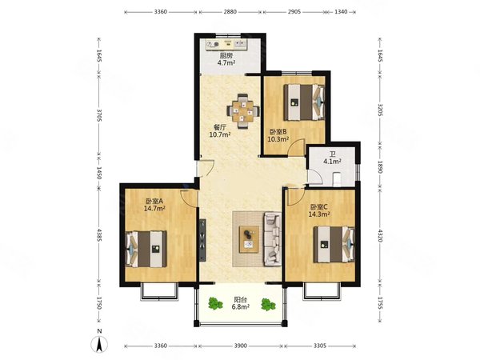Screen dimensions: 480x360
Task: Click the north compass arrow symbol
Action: coord(99,344)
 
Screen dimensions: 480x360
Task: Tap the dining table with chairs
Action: coord(243,111)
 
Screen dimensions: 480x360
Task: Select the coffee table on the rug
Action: coord(249,239)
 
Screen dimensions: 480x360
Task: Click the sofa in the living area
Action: coord(272,239)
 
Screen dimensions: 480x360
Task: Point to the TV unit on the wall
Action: coord(202,240)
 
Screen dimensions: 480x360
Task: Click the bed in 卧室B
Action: coord(304,102)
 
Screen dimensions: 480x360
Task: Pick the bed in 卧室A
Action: coord(146,249)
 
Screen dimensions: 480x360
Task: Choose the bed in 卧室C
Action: coord(334,244)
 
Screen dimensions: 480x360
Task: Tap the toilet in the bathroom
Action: coord(337,179)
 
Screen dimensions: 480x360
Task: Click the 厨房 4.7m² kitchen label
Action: coord(226,59)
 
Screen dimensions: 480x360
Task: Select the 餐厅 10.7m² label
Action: coord(220,130)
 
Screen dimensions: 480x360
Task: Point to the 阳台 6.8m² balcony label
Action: coord(240,302)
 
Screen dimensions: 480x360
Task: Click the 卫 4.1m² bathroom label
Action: coord(333,158)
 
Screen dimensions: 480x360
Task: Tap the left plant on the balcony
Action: coord(215,303)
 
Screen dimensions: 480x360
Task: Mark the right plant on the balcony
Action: coord(269,305)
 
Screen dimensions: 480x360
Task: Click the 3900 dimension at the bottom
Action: coord(240,346)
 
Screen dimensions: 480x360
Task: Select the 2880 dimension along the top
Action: coord(230,12)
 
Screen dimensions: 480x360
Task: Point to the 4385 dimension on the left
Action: coord(99,235)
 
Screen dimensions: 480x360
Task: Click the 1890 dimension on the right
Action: coord(379,167)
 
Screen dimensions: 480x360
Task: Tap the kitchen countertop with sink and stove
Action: coord(226,44)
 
